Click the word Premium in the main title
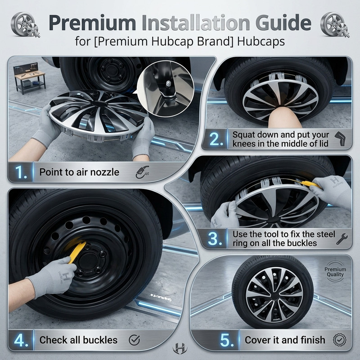(92, 23)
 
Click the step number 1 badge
(21, 172)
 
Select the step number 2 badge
(216, 139)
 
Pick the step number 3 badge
(215, 239)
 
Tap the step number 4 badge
(21, 340)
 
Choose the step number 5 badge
(227, 340)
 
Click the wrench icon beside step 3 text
(342, 239)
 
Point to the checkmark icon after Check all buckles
(134, 340)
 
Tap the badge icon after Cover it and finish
(340, 340)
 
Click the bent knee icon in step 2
(340, 139)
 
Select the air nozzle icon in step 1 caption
(142, 172)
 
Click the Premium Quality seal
(335, 272)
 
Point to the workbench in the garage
(30, 78)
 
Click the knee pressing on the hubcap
(284, 117)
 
